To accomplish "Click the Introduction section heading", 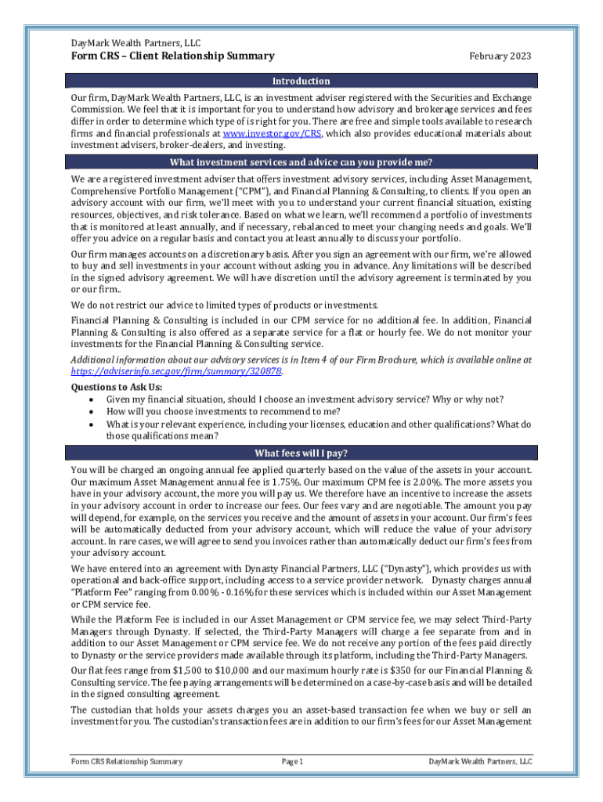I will (x=301, y=81).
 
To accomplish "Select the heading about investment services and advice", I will (x=301, y=163).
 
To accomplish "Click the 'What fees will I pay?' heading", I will (x=301, y=453).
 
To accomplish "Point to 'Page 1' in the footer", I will (x=291, y=762).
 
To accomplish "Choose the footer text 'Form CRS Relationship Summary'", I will (x=126, y=762).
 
